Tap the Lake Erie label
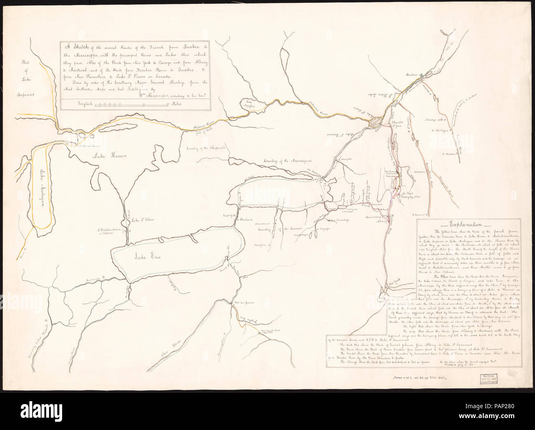point(144,257)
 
